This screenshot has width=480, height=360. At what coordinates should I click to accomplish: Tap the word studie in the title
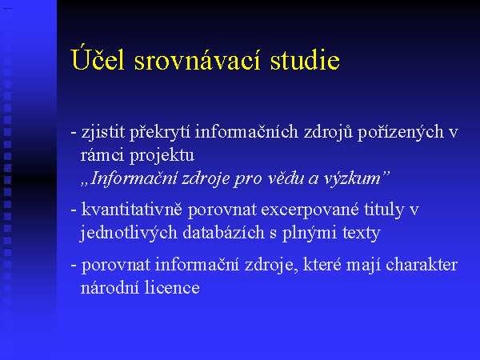[305, 59]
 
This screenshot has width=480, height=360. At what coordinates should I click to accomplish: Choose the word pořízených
[401, 132]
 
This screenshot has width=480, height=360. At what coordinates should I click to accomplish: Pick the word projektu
[162, 156]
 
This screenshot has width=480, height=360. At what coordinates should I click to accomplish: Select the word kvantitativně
[132, 210]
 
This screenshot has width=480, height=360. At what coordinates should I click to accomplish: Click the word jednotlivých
[129, 234]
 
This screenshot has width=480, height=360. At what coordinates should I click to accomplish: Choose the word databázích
[223, 233]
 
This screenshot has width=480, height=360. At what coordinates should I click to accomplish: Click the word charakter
[422, 265]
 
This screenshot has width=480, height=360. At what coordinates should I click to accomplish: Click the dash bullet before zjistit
[74, 133]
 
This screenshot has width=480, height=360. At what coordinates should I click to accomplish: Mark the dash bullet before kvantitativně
[74, 210]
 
